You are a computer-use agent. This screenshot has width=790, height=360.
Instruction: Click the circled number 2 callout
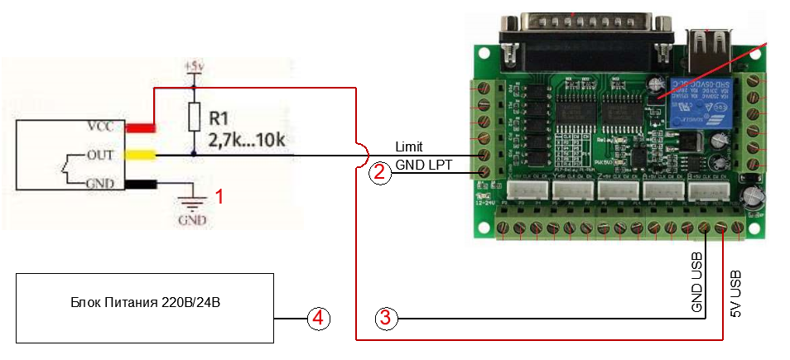(x=378, y=172)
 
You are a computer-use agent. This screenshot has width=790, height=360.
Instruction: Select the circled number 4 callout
(x=318, y=317)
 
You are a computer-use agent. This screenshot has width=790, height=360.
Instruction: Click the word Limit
(x=409, y=146)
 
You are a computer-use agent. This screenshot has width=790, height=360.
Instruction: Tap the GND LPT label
(x=423, y=165)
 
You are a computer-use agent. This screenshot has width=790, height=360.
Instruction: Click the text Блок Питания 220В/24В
(x=145, y=304)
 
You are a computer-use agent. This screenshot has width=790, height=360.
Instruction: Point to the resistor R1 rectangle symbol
(x=194, y=117)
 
